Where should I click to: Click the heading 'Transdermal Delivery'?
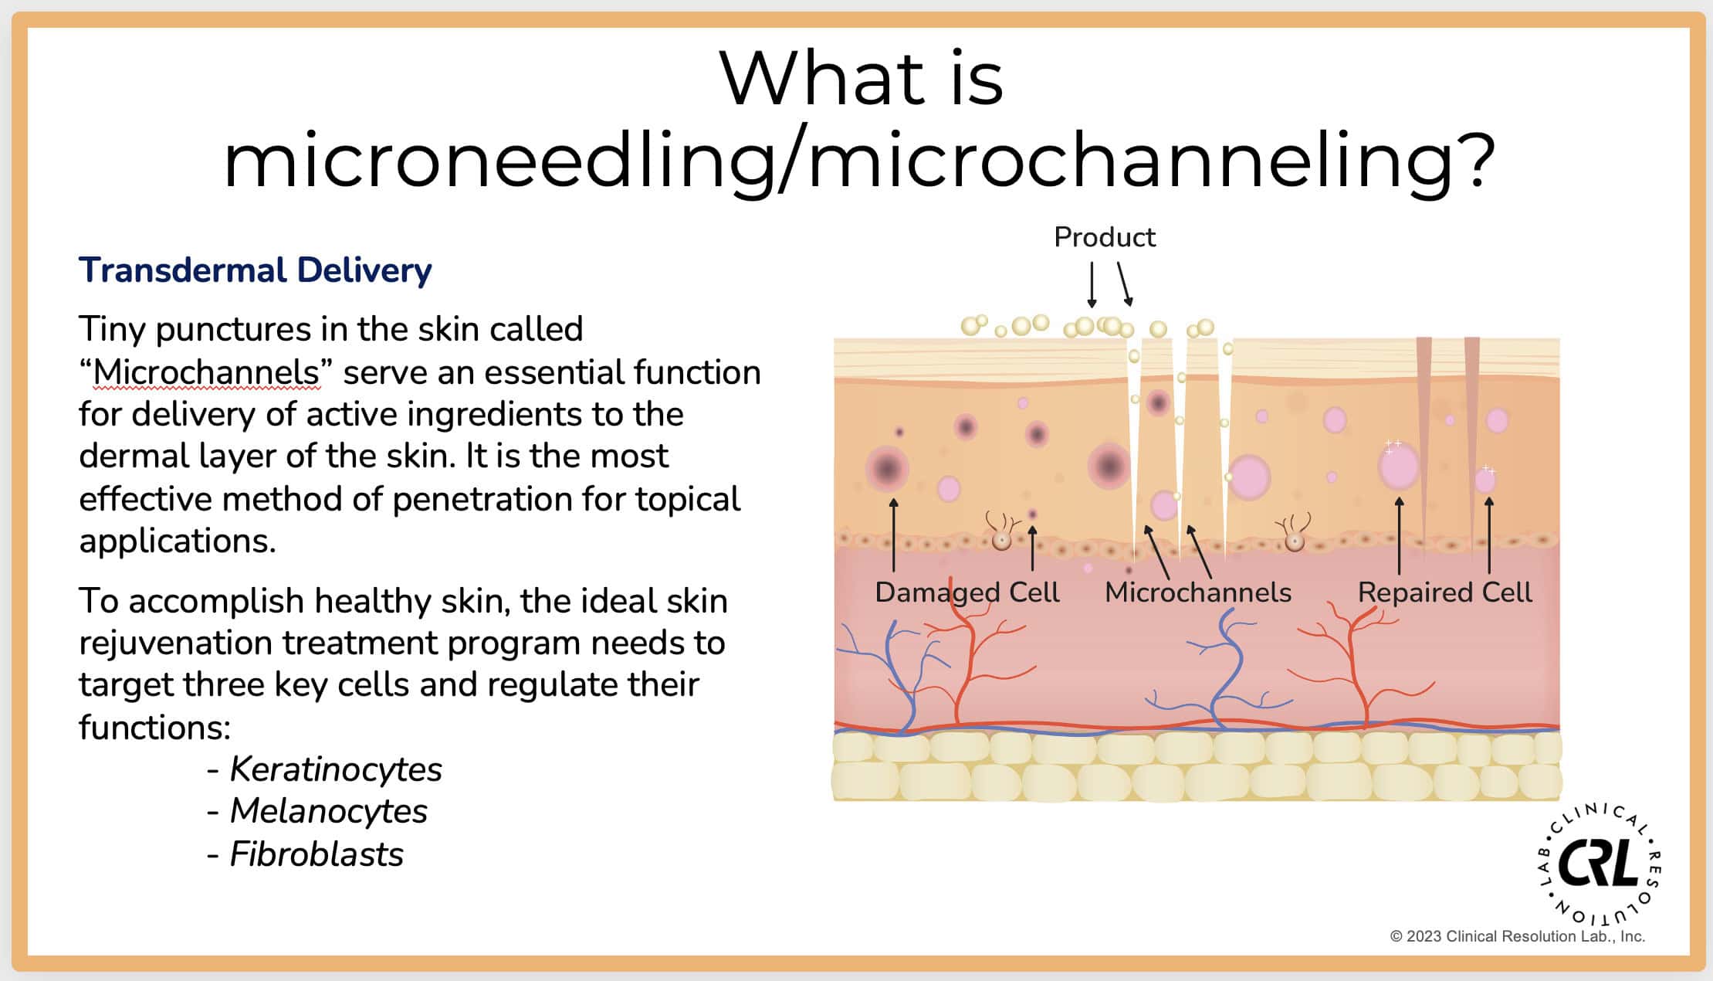[255, 271]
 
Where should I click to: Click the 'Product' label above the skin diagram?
[1105, 237]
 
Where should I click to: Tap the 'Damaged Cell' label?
[967, 593]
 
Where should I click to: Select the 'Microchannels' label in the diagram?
[1198, 592]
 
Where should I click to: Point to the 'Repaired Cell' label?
[1444, 592]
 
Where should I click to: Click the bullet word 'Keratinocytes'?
[336, 769]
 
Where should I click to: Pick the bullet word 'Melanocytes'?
[329, 811]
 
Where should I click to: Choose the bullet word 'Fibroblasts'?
[317, 854]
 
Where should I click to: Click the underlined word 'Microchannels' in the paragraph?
[206, 372]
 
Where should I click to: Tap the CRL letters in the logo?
[1598, 864]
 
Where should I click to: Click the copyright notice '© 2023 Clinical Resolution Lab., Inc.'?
[1518, 936]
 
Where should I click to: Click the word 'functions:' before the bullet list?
[155, 727]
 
